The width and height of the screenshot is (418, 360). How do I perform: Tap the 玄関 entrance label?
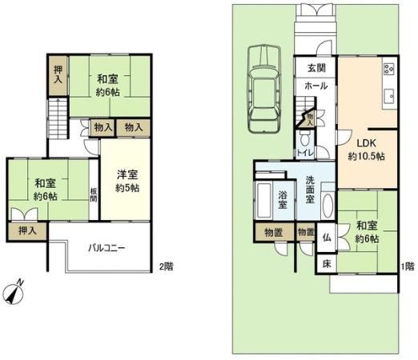pos(315,67)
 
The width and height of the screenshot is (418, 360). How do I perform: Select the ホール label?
pos(315,84)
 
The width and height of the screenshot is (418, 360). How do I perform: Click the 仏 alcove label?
pos(327,237)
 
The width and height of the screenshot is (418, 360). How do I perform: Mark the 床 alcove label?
pos(327,263)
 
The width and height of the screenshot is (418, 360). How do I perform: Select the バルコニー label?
pos(106,248)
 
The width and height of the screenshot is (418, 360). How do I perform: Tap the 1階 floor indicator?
pos(408,266)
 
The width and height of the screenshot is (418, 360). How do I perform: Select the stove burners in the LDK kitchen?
pos(389,68)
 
